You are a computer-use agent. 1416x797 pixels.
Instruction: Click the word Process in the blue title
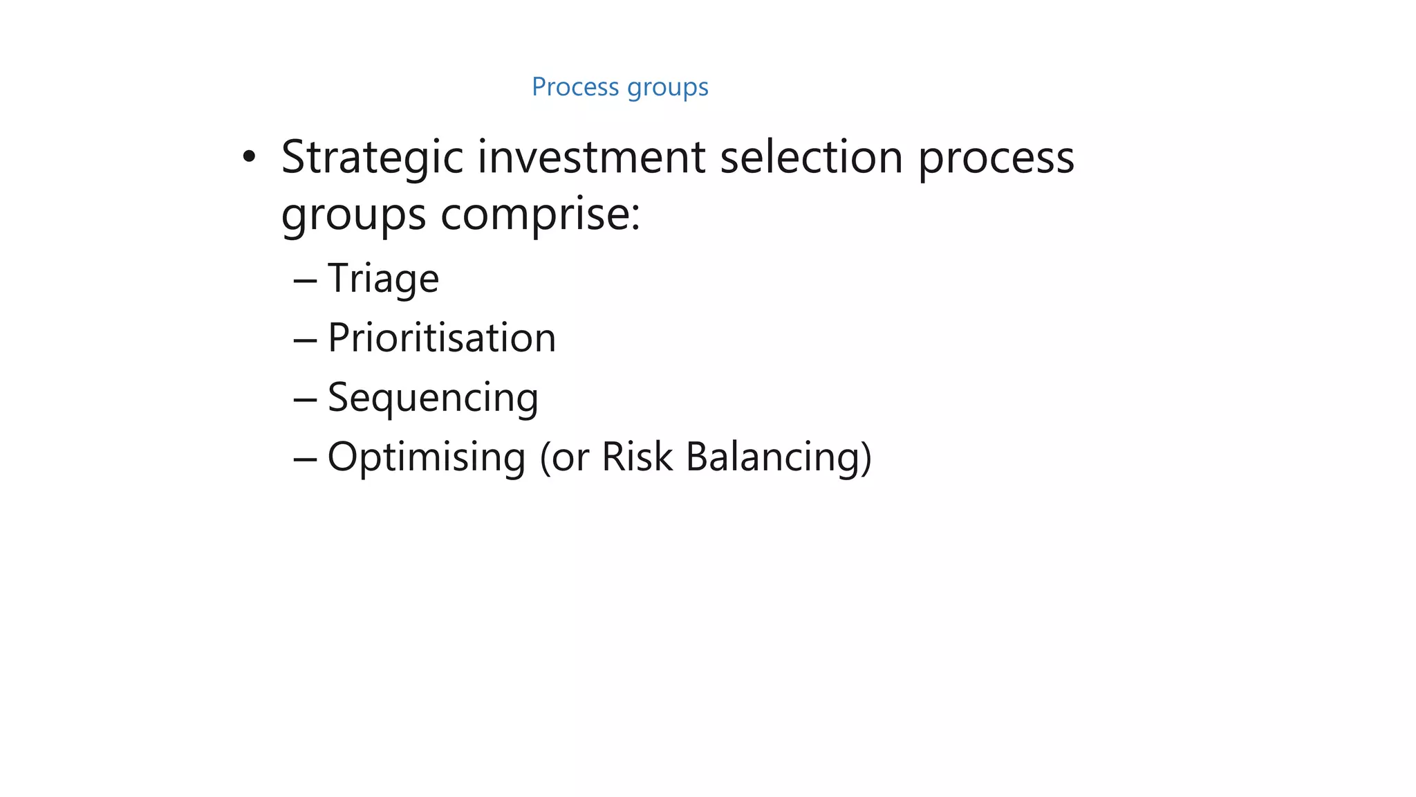click(575, 87)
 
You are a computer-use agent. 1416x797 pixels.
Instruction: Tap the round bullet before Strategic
click(249, 157)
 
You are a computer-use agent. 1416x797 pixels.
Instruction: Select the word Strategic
click(372, 158)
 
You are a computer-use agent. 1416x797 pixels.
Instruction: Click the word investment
click(591, 157)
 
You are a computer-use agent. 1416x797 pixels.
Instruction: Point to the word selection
click(811, 157)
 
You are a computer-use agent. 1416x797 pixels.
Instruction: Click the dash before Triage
click(305, 281)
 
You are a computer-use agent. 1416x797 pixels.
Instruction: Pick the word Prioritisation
click(441, 338)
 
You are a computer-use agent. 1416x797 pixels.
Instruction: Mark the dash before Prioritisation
click(305, 340)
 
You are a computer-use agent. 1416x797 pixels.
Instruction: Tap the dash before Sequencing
click(305, 400)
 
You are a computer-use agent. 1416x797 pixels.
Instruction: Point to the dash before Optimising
click(305, 459)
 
